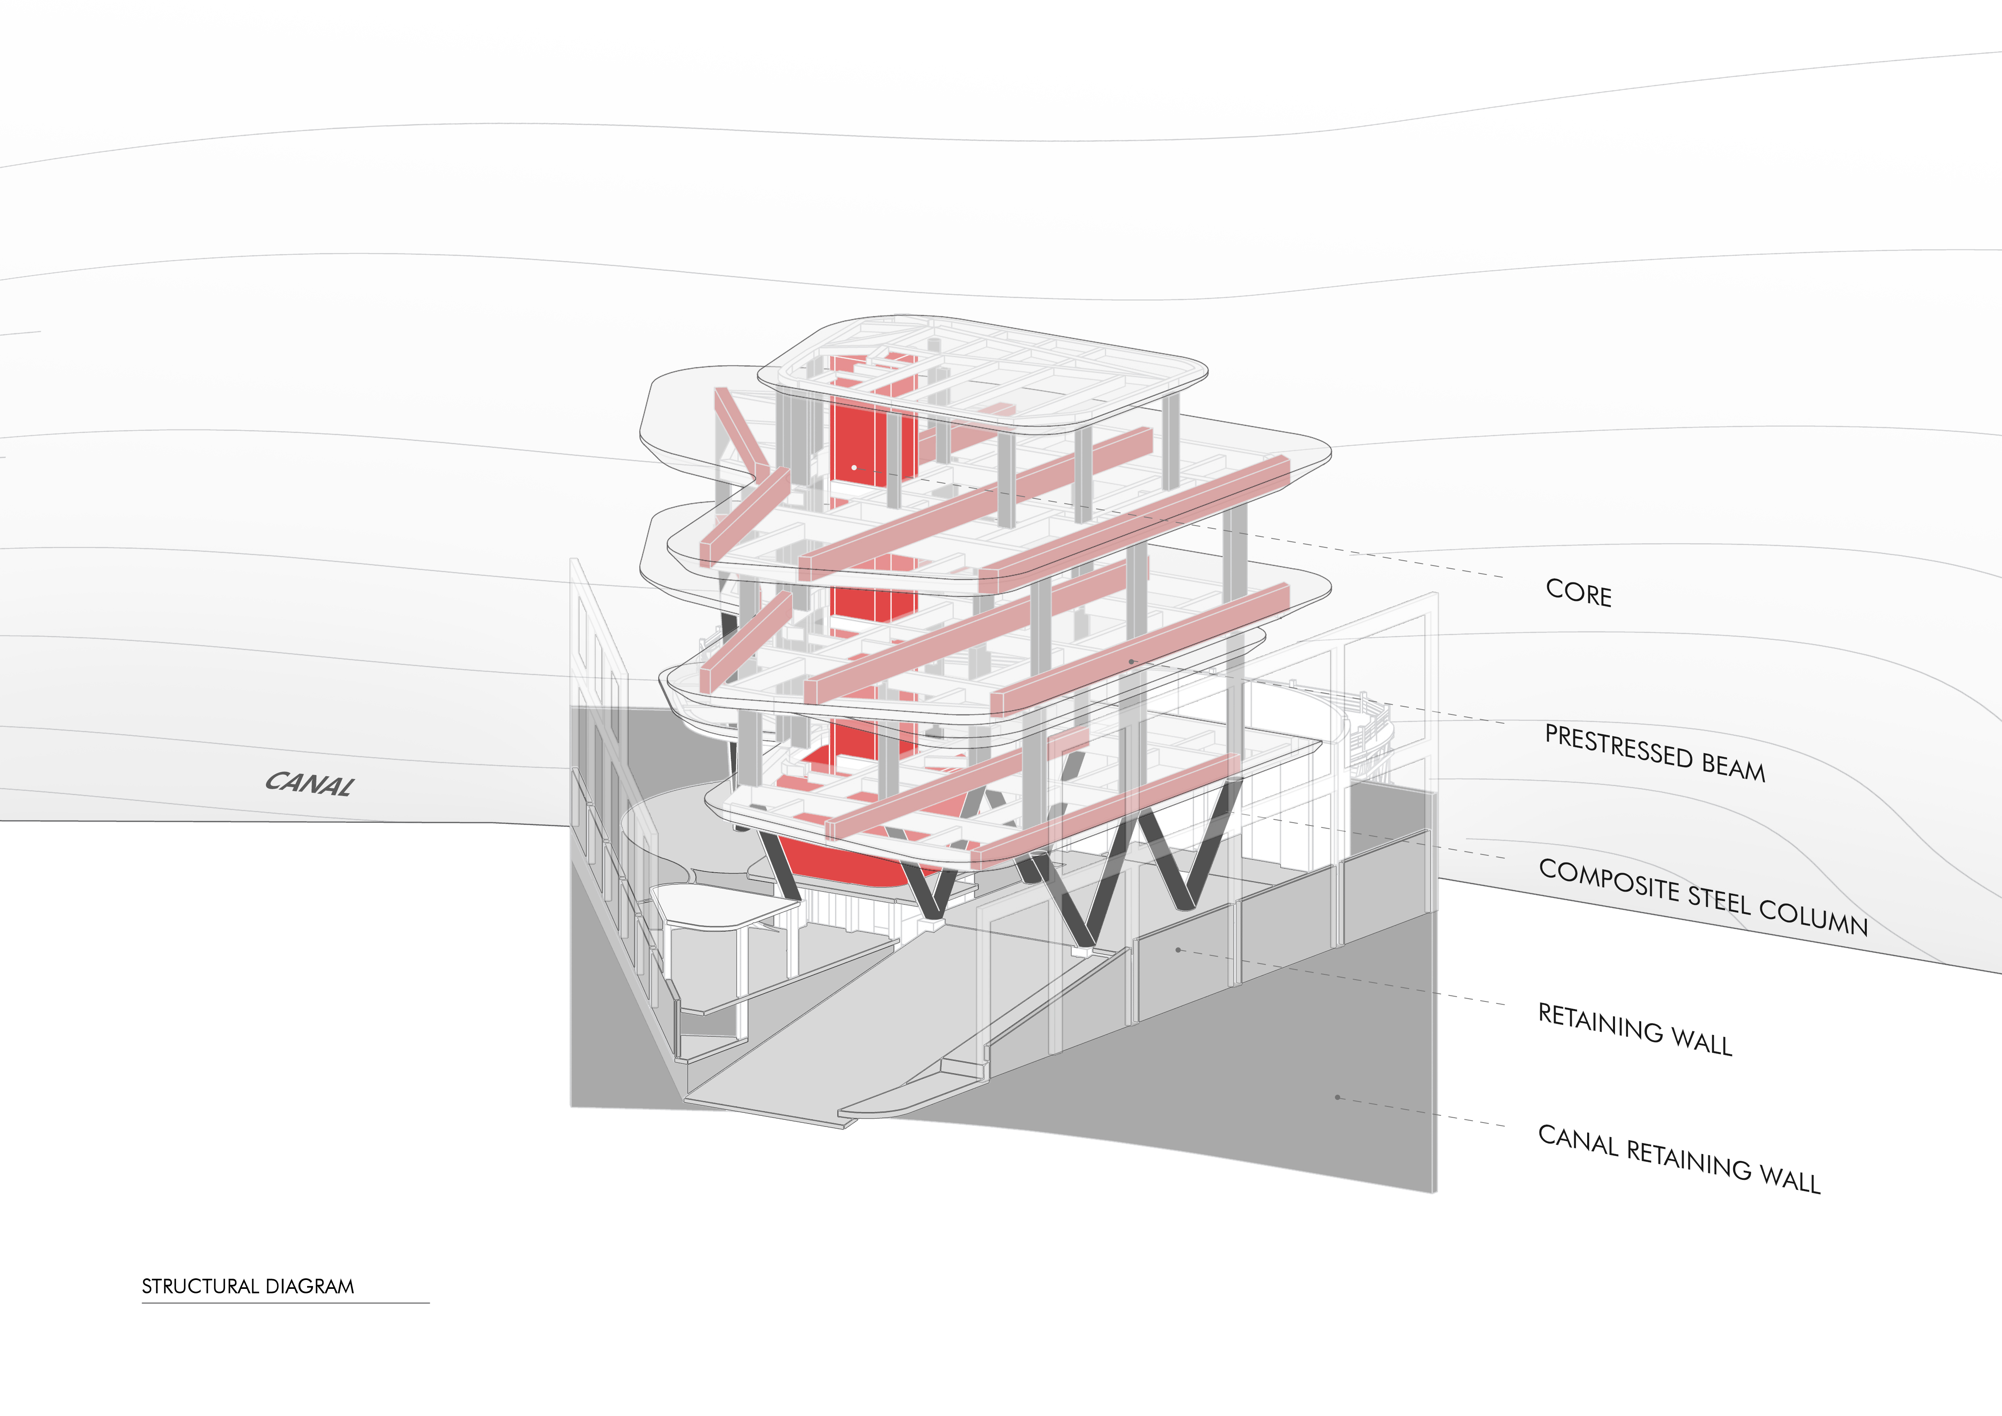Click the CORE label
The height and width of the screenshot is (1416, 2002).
click(1578, 593)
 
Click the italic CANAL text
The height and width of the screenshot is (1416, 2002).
click(310, 783)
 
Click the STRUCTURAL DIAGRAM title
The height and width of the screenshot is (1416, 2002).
click(248, 1286)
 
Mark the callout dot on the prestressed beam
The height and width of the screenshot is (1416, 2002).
click(1131, 662)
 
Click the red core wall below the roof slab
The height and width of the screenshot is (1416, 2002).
click(872, 436)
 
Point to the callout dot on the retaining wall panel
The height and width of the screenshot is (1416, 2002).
click(1178, 949)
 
